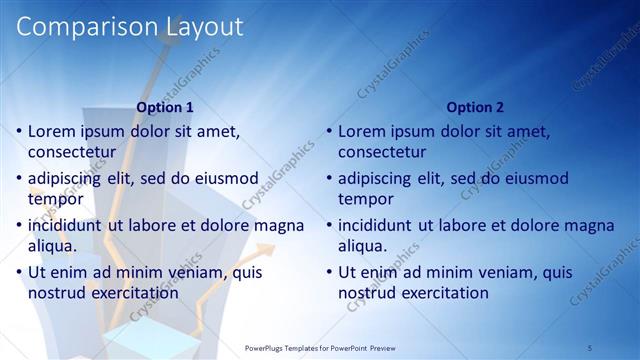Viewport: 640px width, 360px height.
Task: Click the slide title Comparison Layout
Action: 130,27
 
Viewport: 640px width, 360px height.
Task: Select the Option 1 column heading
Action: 165,107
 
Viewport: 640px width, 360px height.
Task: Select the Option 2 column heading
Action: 474,107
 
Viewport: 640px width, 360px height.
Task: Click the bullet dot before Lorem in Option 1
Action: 18,131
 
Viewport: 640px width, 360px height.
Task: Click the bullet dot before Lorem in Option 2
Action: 328,131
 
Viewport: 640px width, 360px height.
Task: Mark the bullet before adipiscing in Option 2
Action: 328,178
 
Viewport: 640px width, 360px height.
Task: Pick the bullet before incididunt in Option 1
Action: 18,225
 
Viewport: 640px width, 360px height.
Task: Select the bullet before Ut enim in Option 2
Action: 328,272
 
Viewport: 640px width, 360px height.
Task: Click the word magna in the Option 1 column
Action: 280,225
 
